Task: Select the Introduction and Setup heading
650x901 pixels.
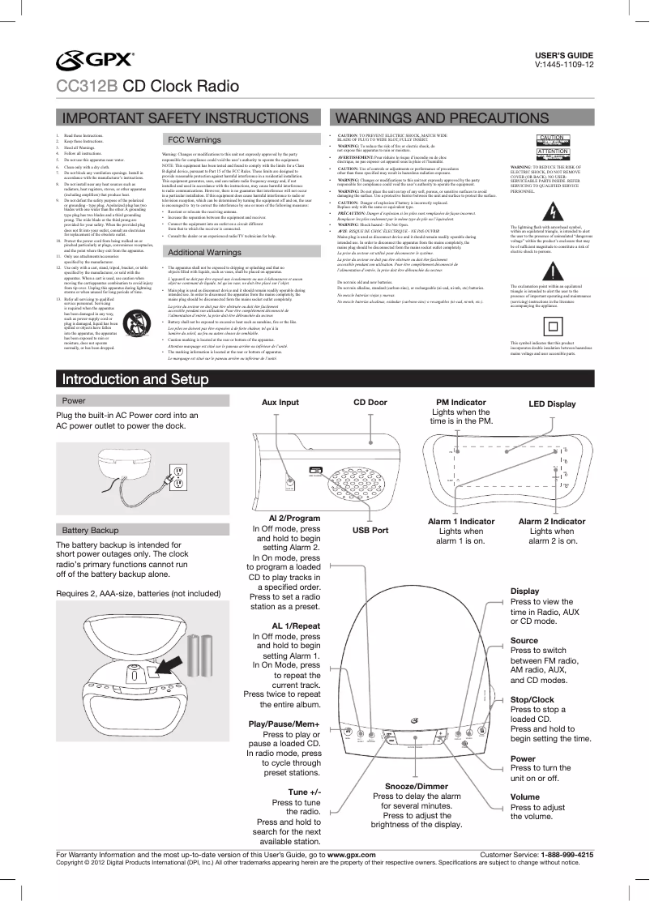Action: point(126,380)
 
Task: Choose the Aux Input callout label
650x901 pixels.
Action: point(280,403)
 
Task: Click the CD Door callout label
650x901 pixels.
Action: point(370,403)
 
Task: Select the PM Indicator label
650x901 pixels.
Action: point(461,403)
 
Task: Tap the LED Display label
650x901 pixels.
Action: point(552,404)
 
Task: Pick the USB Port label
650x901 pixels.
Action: point(370,530)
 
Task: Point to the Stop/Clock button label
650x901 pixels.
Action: point(532,698)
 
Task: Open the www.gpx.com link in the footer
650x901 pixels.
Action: point(350,855)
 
